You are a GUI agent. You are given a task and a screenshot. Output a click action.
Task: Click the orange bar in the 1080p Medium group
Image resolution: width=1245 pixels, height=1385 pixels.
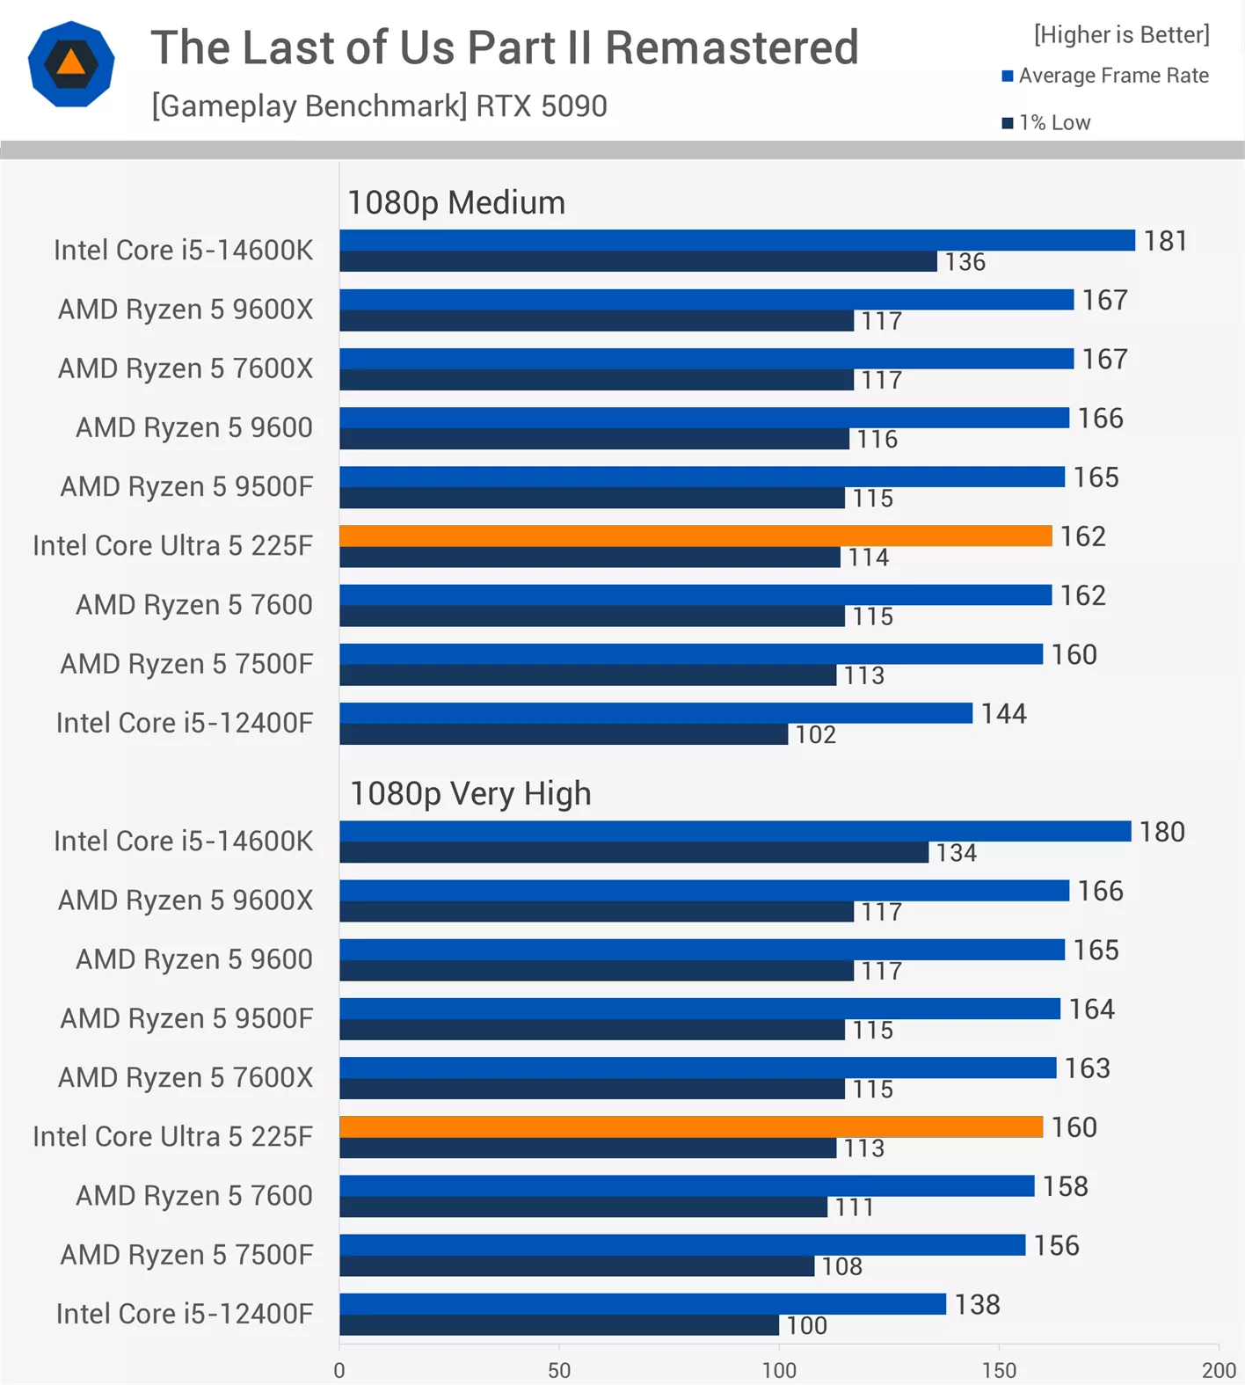695,536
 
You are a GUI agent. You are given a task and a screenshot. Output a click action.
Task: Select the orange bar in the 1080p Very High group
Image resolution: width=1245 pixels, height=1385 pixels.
690,1126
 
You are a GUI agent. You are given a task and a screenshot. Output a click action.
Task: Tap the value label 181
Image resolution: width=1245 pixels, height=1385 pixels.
1165,241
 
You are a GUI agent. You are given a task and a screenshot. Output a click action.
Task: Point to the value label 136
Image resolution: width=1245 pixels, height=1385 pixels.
965,262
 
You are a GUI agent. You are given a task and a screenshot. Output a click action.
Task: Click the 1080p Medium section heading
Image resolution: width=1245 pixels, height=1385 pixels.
456,203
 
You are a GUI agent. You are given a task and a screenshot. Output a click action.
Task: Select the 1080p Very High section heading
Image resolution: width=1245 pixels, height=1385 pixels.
470,794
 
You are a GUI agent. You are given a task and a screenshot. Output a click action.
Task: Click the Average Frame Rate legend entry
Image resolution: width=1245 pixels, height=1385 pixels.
1105,76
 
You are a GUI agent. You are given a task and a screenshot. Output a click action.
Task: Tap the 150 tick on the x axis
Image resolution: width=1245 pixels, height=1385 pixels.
999,1370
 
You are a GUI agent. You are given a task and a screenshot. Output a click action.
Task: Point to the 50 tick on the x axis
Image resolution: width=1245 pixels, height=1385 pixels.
559,1370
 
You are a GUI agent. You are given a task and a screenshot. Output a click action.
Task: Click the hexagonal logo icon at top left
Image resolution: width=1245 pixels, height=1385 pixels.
71,64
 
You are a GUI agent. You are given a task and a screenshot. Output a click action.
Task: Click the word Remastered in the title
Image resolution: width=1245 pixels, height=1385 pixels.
732,47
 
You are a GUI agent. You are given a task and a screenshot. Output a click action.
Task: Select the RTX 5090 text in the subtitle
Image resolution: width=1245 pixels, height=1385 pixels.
542,106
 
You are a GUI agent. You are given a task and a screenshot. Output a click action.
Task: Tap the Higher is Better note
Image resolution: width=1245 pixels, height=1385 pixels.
1121,34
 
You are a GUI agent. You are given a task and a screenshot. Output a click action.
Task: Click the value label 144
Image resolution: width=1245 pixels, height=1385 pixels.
1003,713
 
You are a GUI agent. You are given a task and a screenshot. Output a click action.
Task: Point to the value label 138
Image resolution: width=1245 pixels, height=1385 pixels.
977,1304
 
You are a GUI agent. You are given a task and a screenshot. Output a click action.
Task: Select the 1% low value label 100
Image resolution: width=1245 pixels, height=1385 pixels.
806,1325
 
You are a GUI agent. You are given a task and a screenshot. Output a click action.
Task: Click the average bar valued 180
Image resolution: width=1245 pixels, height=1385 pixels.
734,831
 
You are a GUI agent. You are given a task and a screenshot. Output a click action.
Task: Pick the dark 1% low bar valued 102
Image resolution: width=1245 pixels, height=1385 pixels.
563,734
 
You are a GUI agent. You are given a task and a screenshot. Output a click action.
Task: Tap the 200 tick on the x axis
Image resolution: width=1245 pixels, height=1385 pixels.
1219,1370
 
